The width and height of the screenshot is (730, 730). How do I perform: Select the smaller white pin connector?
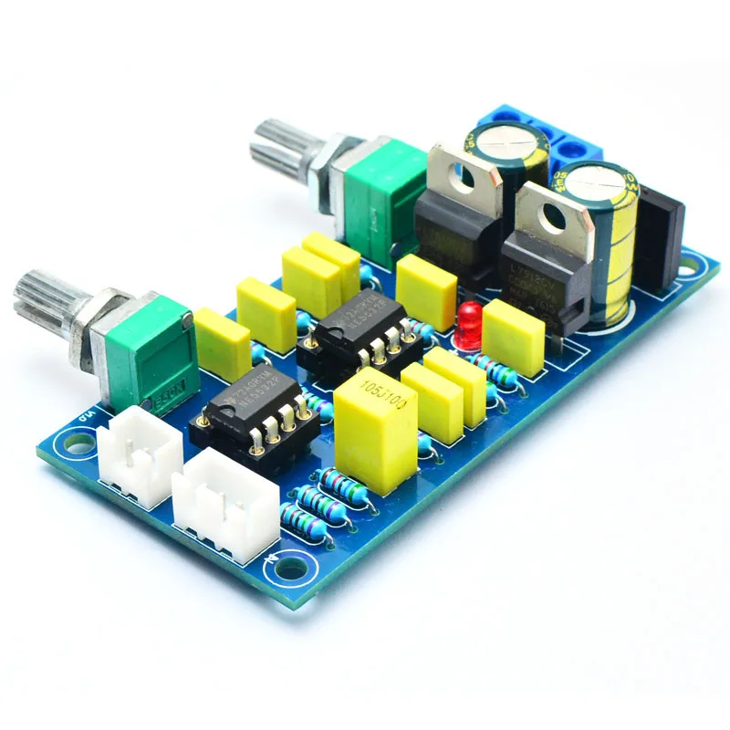click(x=138, y=453)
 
